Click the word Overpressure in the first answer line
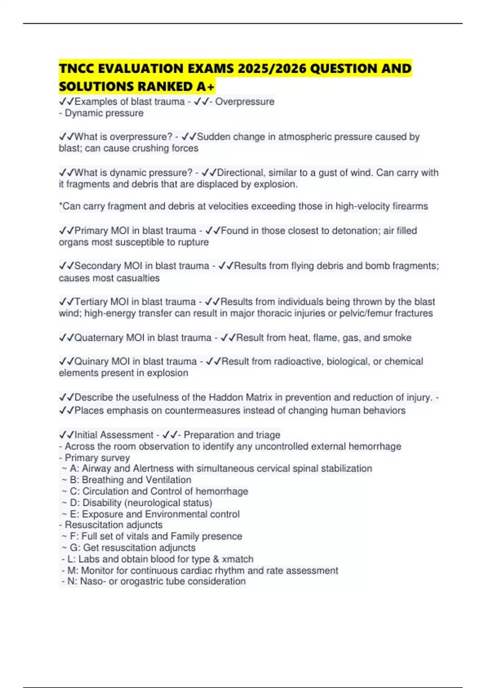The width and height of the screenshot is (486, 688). pos(245,102)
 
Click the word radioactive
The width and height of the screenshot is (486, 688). pos(298,361)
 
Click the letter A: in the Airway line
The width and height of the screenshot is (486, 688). pos(75,469)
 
